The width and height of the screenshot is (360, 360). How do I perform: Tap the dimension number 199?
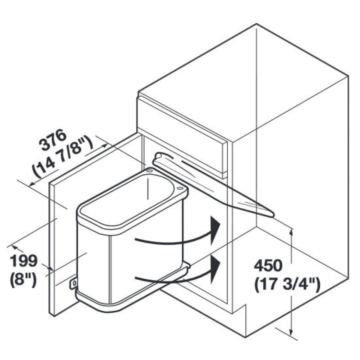click(x=24, y=261)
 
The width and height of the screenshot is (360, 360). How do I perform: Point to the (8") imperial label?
click(x=24, y=279)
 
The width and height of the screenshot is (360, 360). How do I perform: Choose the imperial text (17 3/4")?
click(x=287, y=285)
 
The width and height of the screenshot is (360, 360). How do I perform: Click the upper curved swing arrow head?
click(x=216, y=228)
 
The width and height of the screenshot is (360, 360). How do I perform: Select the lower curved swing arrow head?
click(x=216, y=265)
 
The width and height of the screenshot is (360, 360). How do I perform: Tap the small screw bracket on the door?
click(x=74, y=283)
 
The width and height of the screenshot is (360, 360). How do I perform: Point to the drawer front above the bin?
click(x=182, y=132)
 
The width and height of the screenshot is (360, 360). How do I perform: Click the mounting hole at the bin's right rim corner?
click(x=179, y=188)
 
